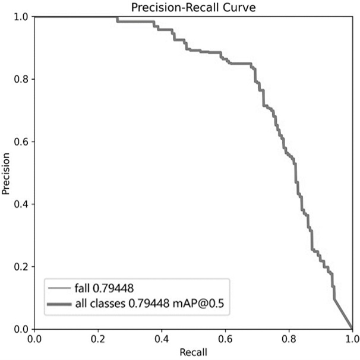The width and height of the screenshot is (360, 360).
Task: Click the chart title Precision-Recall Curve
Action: click(193, 7)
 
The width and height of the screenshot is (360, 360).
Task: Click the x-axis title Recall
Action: click(193, 352)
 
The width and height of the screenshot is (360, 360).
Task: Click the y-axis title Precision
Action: click(7, 173)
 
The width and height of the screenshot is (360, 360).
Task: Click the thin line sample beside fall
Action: click(59, 289)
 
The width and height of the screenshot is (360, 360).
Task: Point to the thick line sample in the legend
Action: click(59, 305)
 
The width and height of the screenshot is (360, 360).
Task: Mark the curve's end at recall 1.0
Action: click(352, 329)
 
